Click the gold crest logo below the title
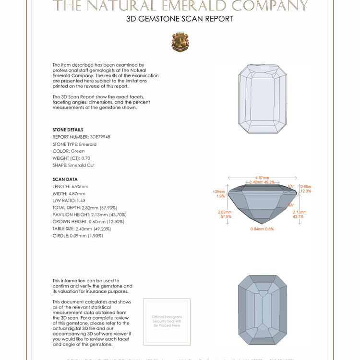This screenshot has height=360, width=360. [x=180, y=42]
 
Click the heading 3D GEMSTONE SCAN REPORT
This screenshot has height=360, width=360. [x=180, y=19]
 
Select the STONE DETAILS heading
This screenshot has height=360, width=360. [x=68, y=130]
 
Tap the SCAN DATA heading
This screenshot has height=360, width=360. [x=65, y=179]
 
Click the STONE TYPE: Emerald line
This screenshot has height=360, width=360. [x=74, y=144]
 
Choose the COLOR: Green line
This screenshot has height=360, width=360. [x=68, y=151]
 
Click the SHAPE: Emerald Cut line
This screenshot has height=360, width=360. [x=73, y=165]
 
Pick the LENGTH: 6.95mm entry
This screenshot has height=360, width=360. [x=70, y=186]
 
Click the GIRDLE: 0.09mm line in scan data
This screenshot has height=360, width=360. [x=78, y=236]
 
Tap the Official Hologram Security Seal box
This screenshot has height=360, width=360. [x=167, y=321]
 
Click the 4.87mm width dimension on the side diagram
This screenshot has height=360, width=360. [x=262, y=178]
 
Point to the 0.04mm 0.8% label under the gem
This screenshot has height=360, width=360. [x=262, y=229]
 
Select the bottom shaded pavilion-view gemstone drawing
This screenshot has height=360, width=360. [x=262, y=310]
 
